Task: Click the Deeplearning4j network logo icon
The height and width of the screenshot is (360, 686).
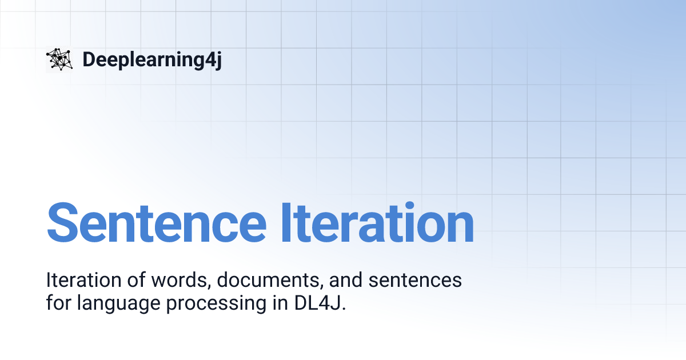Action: point(59,59)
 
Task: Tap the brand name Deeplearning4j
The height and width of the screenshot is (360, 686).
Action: point(151,59)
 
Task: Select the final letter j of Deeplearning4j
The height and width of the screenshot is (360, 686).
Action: point(218,61)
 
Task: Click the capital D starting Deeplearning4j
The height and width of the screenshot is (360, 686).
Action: point(89,59)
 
